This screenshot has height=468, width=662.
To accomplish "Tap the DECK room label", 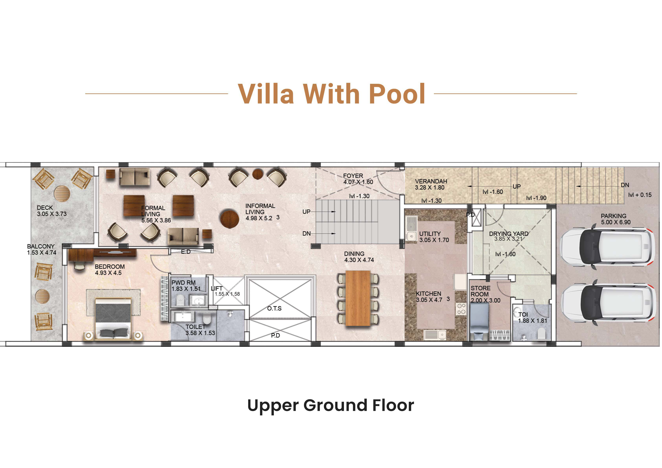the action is [45, 208].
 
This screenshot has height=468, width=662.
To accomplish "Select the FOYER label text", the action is [353, 176].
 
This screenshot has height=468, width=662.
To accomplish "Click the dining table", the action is [358, 298].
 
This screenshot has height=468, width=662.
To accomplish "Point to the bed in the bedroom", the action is [114, 319].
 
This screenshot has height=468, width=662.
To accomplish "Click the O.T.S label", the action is [274, 309].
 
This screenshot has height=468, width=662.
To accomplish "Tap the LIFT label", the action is [216, 288].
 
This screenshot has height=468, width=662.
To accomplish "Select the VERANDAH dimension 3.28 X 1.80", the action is [430, 188].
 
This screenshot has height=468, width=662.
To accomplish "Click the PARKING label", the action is [613, 216].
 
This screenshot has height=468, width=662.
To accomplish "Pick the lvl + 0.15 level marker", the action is [640, 195].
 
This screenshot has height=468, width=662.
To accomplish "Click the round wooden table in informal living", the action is [230, 219].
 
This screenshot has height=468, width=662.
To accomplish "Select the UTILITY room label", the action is [430, 234].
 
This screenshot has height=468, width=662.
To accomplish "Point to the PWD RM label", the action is [183, 283].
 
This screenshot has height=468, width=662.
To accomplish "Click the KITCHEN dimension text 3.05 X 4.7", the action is [429, 300].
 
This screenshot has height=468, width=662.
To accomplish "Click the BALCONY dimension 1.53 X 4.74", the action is [42, 253].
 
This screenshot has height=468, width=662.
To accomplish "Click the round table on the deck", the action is [62, 194].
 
